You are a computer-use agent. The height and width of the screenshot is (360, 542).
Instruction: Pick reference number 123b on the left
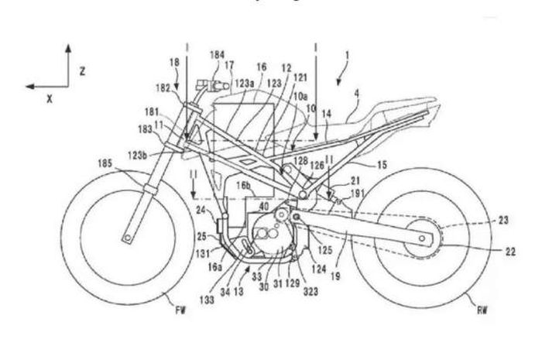click(153, 156)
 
